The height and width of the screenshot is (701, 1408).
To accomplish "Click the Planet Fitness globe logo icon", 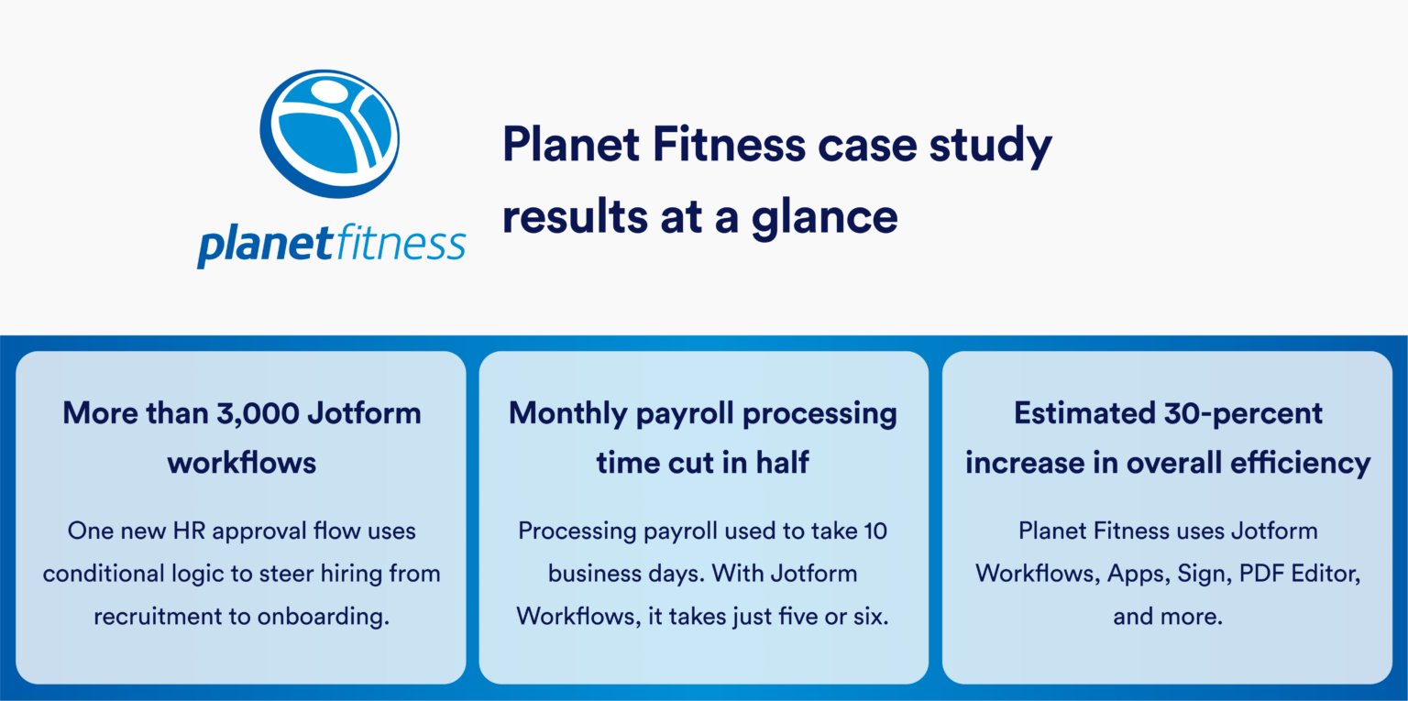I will click(331, 133).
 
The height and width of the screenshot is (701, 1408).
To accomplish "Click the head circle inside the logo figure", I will click(328, 94).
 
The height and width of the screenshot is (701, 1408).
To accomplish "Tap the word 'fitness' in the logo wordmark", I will click(399, 244).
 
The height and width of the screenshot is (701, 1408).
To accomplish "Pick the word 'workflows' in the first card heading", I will click(241, 462).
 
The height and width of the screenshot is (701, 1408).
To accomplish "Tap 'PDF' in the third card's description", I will click(1259, 574).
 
